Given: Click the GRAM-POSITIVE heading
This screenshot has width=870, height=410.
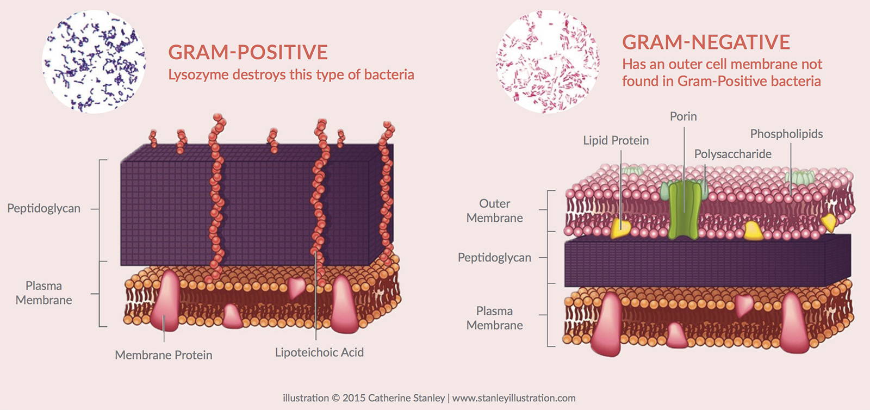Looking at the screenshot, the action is point(248,52).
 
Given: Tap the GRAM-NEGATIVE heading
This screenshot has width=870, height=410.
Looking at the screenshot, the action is point(706,42).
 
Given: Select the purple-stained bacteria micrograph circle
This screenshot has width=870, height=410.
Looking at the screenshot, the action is point(94,62).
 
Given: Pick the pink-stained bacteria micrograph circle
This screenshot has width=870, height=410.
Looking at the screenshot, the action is point(548,62).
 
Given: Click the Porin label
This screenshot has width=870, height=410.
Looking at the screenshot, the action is point(683,116).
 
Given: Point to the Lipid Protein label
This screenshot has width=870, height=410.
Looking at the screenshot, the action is point(616,140).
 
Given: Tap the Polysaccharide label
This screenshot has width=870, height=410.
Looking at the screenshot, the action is point(733,154).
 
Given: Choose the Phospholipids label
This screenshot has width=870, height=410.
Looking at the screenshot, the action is point(786,134).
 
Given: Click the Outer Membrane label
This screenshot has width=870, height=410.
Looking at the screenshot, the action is point(494,211).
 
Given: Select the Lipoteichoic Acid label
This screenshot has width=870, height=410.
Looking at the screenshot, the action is point(319,352).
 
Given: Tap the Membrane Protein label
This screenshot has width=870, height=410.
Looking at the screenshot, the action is point(164,355).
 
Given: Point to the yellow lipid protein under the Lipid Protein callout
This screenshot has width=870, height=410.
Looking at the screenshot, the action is point(620,229).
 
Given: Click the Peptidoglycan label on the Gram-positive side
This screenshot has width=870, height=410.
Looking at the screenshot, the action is point(44,208).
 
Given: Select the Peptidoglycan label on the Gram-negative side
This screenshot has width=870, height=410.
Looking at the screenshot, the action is point(494,258).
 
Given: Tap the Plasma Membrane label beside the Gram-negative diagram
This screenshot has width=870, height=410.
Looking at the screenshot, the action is point(494,318).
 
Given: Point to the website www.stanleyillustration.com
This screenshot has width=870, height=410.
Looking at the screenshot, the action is point(514,399).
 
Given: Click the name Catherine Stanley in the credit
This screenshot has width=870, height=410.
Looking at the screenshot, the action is point(406,399).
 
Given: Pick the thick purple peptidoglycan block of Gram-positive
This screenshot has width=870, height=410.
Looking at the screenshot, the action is point(257,205).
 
